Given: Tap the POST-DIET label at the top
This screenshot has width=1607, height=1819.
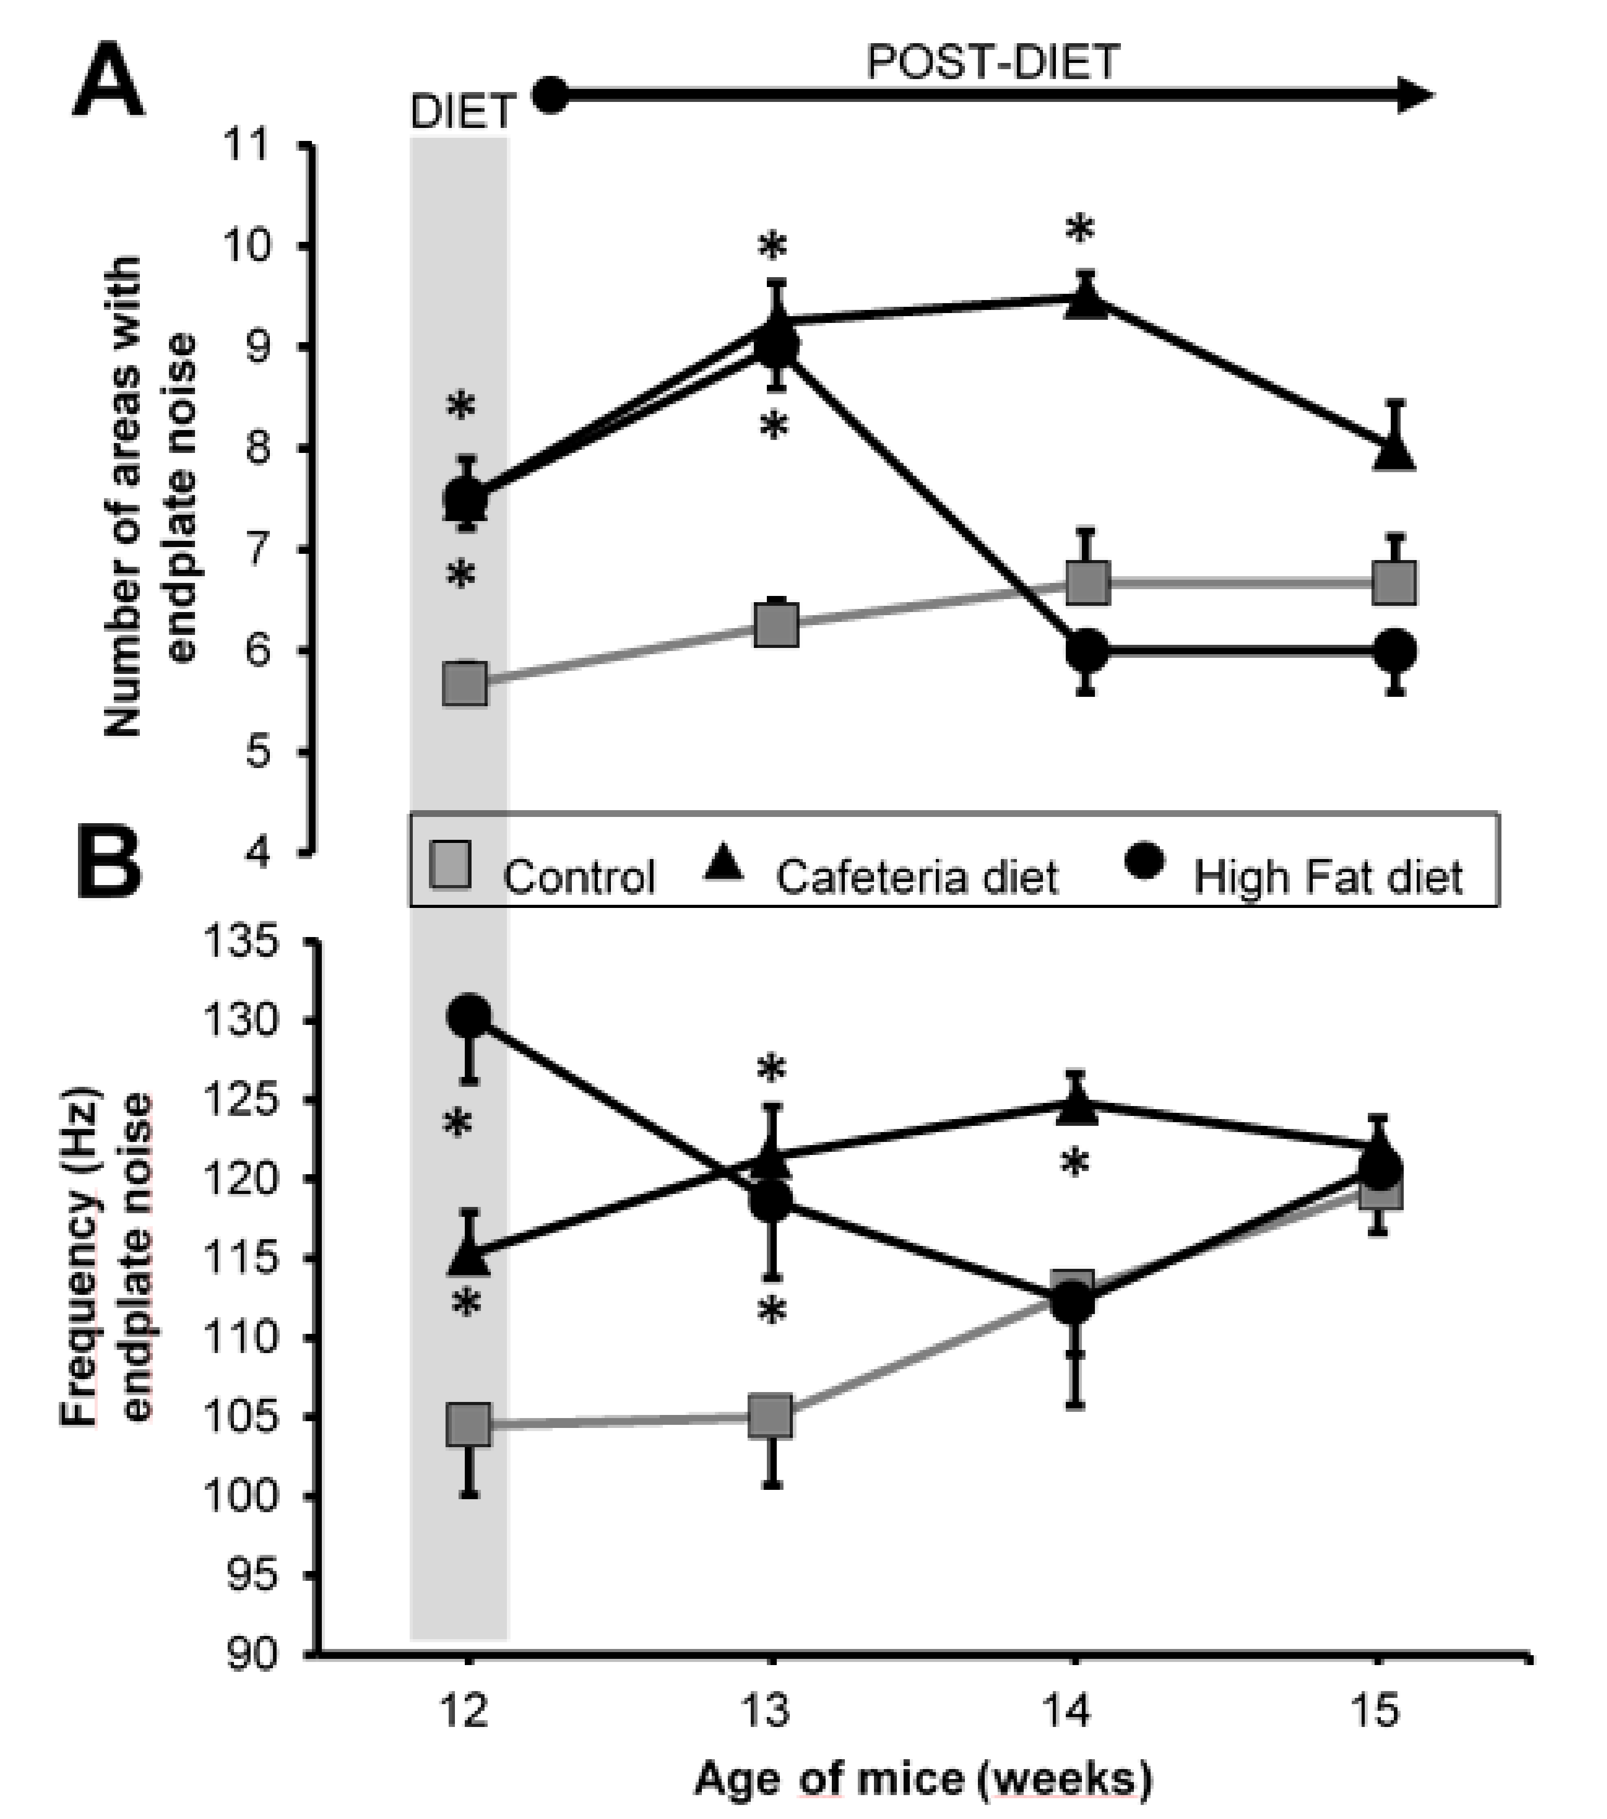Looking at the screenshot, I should [992, 62].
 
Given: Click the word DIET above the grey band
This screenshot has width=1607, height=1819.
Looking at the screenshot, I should [463, 112].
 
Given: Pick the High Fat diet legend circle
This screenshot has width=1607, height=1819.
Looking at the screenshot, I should [1143, 862].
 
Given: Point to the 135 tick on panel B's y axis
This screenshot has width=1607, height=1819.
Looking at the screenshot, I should [240, 942].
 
